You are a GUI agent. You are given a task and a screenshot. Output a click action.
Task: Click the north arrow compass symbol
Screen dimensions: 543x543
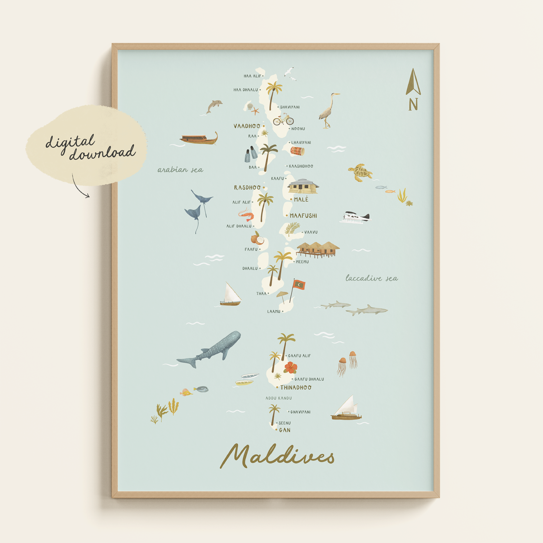tap(413, 82)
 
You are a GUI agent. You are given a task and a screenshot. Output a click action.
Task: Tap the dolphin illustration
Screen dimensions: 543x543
tap(214, 106)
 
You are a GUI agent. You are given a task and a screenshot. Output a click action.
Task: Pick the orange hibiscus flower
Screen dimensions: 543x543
tap(291, 367)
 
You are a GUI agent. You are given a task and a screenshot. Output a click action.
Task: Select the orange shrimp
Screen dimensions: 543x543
tap(247, 215)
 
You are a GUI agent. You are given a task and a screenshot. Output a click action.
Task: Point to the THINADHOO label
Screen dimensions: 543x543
tap(296, 387)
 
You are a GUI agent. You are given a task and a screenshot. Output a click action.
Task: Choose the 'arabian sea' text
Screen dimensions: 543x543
tap(180, 170)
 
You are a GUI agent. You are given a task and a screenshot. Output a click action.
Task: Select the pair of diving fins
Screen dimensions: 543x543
tap(251, 154)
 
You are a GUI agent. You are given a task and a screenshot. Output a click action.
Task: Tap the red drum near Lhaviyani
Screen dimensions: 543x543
tap(297, 151)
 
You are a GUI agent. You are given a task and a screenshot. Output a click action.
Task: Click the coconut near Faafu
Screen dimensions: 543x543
tap(257, 239)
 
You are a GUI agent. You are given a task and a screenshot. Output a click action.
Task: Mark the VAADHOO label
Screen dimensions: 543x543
tap(247, 126)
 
